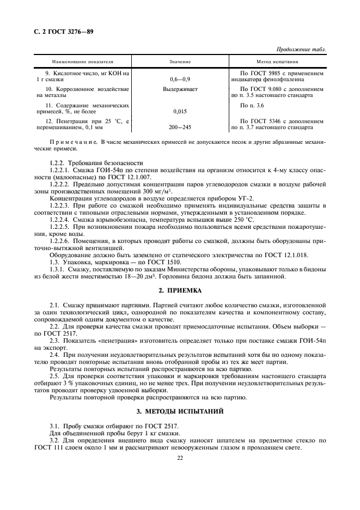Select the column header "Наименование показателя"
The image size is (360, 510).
click(x=86, y=62)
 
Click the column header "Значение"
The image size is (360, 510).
click(x=180, y=62)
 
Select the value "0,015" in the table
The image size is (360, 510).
click(x=180, y=111)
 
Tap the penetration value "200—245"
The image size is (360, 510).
click(x=180, y=127)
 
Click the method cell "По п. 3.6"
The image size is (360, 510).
click(x=252, y=104)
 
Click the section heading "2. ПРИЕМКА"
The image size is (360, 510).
click(x=180, y=290)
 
